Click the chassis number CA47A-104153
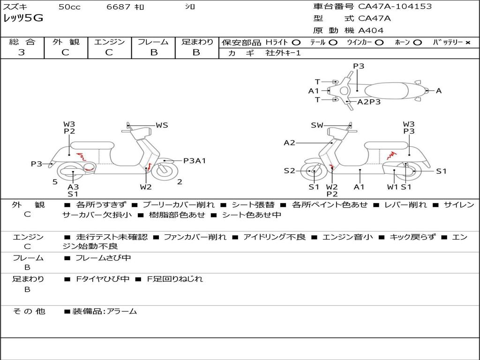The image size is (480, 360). [395, 7]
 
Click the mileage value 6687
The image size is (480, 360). [118, 7]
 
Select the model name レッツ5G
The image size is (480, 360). [23, 18]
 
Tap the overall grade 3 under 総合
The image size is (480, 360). [22, 52]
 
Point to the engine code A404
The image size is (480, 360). [370, 30]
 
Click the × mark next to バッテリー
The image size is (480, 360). [467, 43]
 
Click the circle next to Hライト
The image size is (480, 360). [296, 43]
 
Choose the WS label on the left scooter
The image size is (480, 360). [162, 125]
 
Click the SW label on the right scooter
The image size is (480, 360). [317, 125]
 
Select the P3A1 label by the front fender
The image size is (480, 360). [195, 161]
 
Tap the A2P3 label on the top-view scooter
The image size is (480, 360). [369, 102]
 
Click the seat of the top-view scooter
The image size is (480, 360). [386, 91]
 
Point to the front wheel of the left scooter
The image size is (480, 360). [165, 171]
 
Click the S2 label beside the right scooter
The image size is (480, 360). [289, 171]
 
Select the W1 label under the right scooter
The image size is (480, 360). [392, 187]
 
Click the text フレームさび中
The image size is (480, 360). [103, 258]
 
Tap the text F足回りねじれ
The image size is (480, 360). [175, 279]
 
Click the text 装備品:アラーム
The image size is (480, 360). [105, 312]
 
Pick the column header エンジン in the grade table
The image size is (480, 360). [109, 42]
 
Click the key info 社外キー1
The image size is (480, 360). [283, 53]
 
